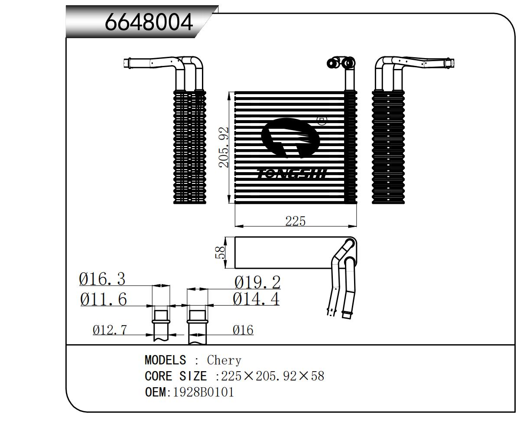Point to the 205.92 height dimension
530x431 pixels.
click(x=224, y=147)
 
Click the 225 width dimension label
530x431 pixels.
click(x=295, y=221)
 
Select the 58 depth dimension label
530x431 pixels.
click(x=221, y=252)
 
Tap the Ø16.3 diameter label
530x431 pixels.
click(x=102, y=279)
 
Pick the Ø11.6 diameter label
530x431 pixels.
click(x=104, y=299)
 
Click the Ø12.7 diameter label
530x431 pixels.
click(x=110, y=330)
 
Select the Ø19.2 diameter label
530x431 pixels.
click(x=257, y=282)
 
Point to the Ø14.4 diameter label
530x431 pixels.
click(x=256, y=299)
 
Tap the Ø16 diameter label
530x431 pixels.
click(x=243, y=330)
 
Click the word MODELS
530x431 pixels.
click(x=165, y=360)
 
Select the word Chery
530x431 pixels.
click(x=224, y=360)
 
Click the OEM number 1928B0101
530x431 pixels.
click(x=203, y=392)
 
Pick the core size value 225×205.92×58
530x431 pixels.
click(x=272, y=375)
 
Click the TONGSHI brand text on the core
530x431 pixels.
click(x=293, y=174)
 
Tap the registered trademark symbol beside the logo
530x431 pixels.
click(x=322, y=120)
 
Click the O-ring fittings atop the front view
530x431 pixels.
click(x=341, y=63)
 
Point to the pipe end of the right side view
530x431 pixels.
click(x=451, y=63)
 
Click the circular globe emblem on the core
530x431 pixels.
click(x=290, y=139)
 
